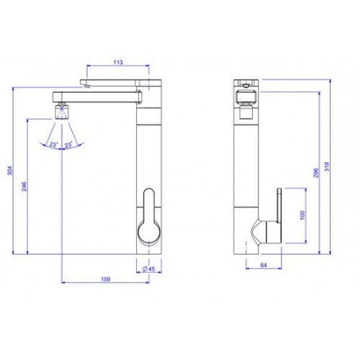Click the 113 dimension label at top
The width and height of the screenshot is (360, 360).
118,62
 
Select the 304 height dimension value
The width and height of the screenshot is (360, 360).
9,171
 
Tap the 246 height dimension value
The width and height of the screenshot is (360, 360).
24,186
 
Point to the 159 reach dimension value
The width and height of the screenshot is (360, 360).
105,279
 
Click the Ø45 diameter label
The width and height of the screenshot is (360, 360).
148,269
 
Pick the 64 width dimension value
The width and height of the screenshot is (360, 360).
264,265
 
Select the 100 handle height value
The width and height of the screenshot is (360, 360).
302,215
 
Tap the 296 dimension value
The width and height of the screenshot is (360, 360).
316,173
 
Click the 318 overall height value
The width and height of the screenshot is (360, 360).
327,166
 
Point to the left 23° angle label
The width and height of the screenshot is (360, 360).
54,145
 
